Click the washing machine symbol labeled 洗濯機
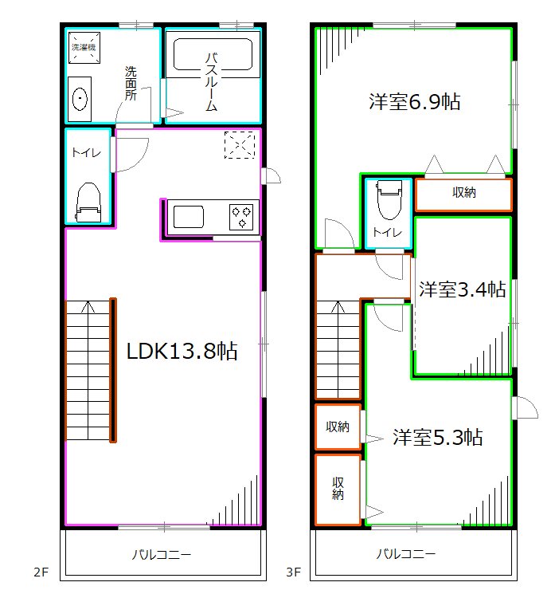click(84, 47)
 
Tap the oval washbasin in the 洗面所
click(80, 99)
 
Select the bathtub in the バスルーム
click(213, 54)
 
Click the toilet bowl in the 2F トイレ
click(88, 202)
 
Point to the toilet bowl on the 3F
click(389, 199)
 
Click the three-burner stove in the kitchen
click(241, 217)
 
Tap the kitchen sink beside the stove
click(188, 217)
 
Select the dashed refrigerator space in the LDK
click(240, 145)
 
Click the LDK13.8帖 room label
click(182, 351)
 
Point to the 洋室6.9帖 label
click(415, 101)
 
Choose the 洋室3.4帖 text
click(463, 289)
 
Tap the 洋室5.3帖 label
click(438, 437)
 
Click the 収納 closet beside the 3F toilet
click(463, 192)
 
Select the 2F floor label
click(41, 572)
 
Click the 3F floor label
click(294, 572)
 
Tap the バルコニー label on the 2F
click(162, 554)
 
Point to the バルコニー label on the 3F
click(406, 553)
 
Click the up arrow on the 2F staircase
click(88, 307)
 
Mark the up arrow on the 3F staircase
click(338, 307)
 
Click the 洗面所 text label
click(131, 83)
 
